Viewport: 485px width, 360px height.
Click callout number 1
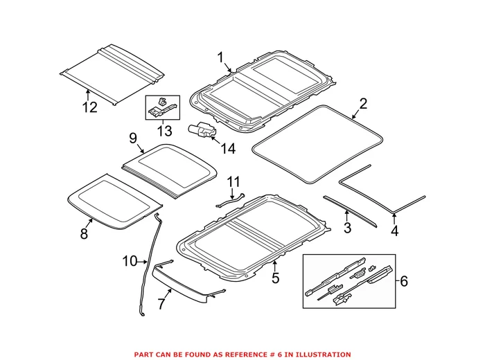(x=221, y=57)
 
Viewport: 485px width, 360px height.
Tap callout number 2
(x=363, y=105)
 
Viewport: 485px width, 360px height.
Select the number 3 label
(x=348, y=226)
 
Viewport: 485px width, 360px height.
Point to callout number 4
(x=395, y=231)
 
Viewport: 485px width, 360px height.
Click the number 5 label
(x=275, y=279)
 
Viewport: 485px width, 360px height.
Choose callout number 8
(x=84, y=234)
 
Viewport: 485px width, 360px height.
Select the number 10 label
(x=130, y=261)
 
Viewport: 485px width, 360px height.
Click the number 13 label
(x=164, y=132)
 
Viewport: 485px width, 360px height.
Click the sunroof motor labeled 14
(x=202, y=130)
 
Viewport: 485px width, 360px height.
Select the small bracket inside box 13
(x=161, y=107)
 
